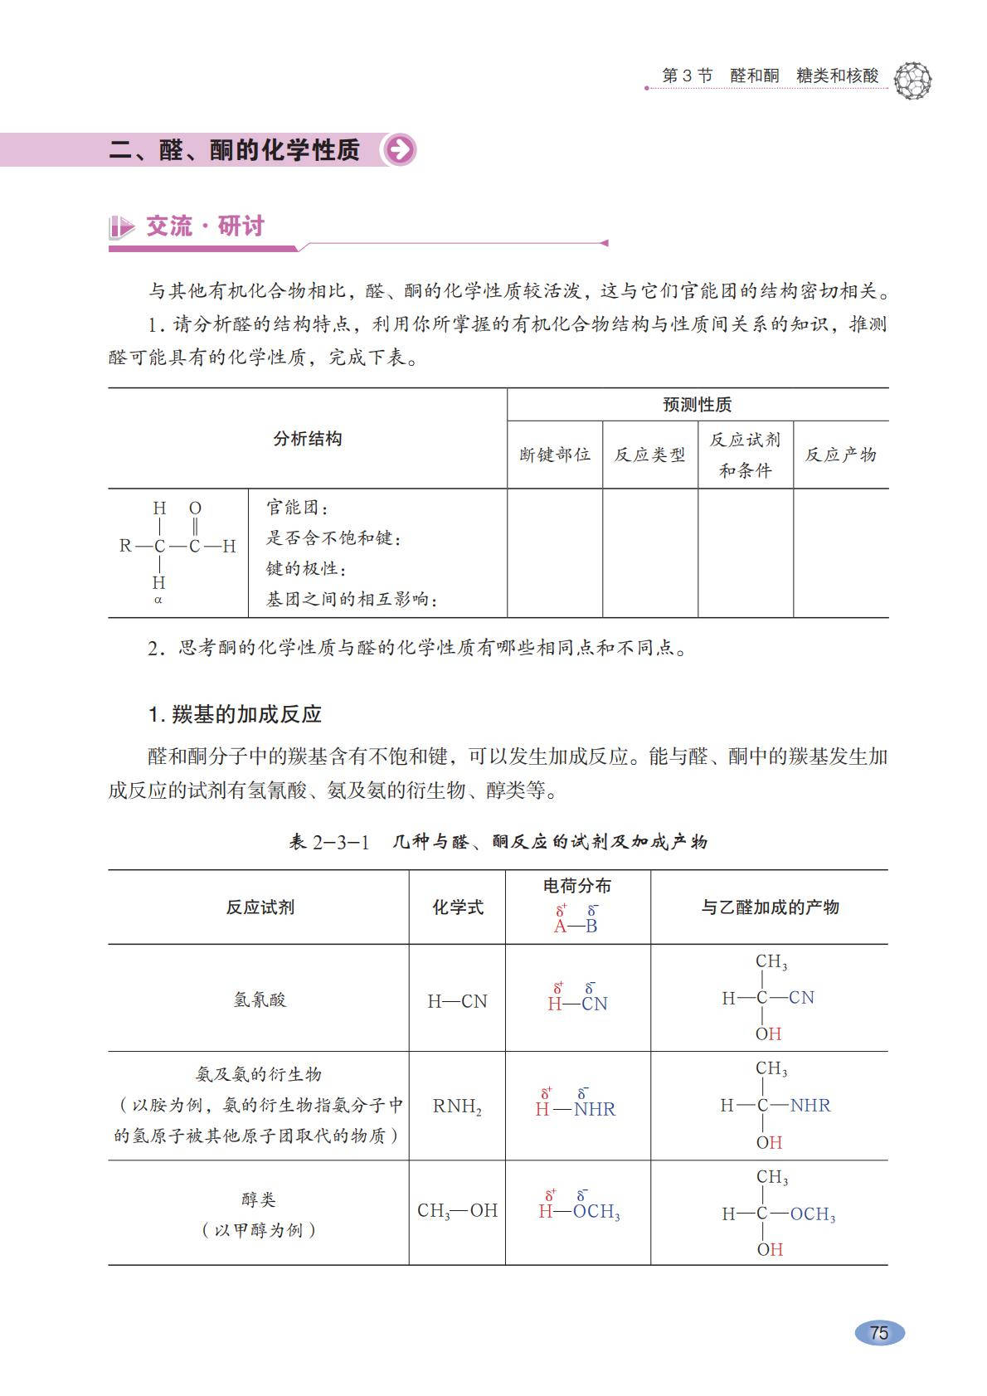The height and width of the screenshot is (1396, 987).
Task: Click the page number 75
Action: [x=879, y=1332]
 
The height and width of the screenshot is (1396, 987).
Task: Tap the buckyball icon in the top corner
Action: [x=913, y=80]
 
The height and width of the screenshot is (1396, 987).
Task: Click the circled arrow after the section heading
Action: [x=400, y=150]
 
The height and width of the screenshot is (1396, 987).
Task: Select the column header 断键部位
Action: [x=555, y=455]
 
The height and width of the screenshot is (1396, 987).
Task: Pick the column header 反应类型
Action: [x=649, y=455]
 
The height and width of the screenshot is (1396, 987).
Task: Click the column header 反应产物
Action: [x=840, y=455]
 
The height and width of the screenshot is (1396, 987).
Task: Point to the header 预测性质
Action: [x=697, y=405]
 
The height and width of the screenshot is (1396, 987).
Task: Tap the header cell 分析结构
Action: [x=307, y=439]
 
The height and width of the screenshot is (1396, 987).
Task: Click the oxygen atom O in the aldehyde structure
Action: [x=195, y=508]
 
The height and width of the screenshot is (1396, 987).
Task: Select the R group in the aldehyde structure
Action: [x=125, y=546]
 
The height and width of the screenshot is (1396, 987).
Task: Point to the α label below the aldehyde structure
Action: [x=158, y=600]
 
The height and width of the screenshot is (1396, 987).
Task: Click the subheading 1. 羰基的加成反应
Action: [x=235, y=714]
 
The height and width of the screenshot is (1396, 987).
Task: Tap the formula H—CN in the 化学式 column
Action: [x=457, y=1001]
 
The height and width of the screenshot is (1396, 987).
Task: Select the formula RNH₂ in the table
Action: [x=457, y=1106]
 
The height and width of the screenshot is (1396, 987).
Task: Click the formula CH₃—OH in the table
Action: [x=457, y=1210]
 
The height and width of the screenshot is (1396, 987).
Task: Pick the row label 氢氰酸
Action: [x=259, y=1000]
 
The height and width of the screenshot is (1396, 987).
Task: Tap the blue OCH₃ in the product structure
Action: [x=812, y=1214]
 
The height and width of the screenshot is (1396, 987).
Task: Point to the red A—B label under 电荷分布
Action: [x=576, y=926]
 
